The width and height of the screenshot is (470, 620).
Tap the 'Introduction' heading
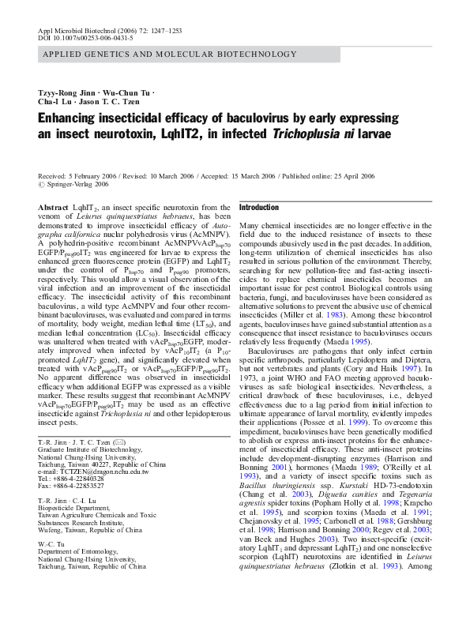[x=258, y=208]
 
